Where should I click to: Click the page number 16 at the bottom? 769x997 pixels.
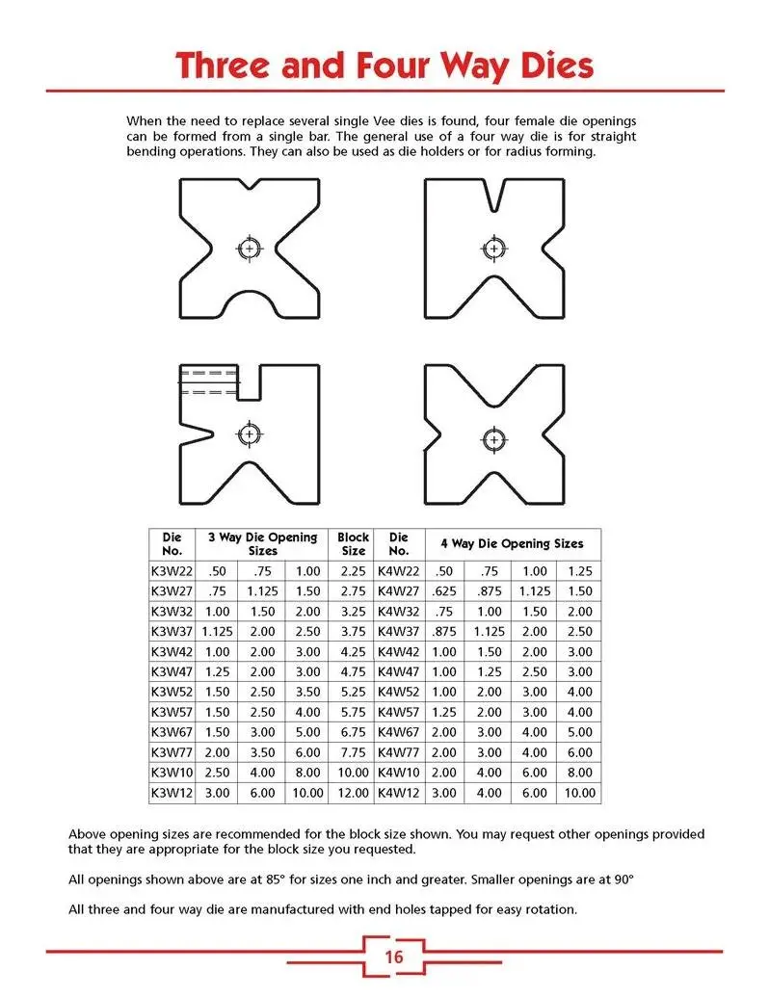393,957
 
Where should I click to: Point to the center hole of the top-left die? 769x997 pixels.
250,249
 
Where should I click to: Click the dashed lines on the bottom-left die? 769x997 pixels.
208,382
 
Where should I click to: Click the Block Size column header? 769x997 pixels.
353,543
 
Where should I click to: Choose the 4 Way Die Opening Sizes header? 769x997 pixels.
512,543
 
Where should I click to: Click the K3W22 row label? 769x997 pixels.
172,571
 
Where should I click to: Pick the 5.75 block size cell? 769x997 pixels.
353,712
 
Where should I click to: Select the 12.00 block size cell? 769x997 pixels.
353,793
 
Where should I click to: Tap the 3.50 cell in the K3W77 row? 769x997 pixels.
261,752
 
